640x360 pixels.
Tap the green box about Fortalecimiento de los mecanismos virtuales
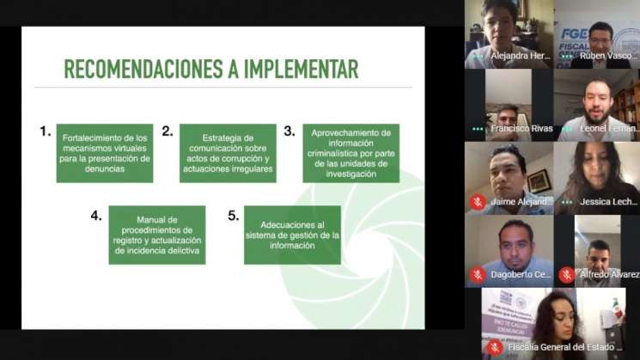pos(105,153)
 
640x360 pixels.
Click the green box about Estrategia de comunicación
pos(228,153)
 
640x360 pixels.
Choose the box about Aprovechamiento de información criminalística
pos(350,153)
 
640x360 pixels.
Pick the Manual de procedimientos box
pos(157,234)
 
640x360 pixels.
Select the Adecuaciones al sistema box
pos(292,234)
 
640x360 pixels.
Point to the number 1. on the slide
pos(46,131)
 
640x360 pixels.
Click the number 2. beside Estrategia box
pos(168,131)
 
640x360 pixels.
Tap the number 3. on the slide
pos(290,131)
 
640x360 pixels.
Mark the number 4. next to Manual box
pos(96,215)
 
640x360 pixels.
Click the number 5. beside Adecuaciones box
pos(233,215)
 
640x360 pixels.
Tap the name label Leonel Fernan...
pos(608,129)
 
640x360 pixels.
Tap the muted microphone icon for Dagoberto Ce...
pos(478,275)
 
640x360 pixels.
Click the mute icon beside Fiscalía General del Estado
pos(494,347)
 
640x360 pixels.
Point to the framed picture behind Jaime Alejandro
pos(539,180)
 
